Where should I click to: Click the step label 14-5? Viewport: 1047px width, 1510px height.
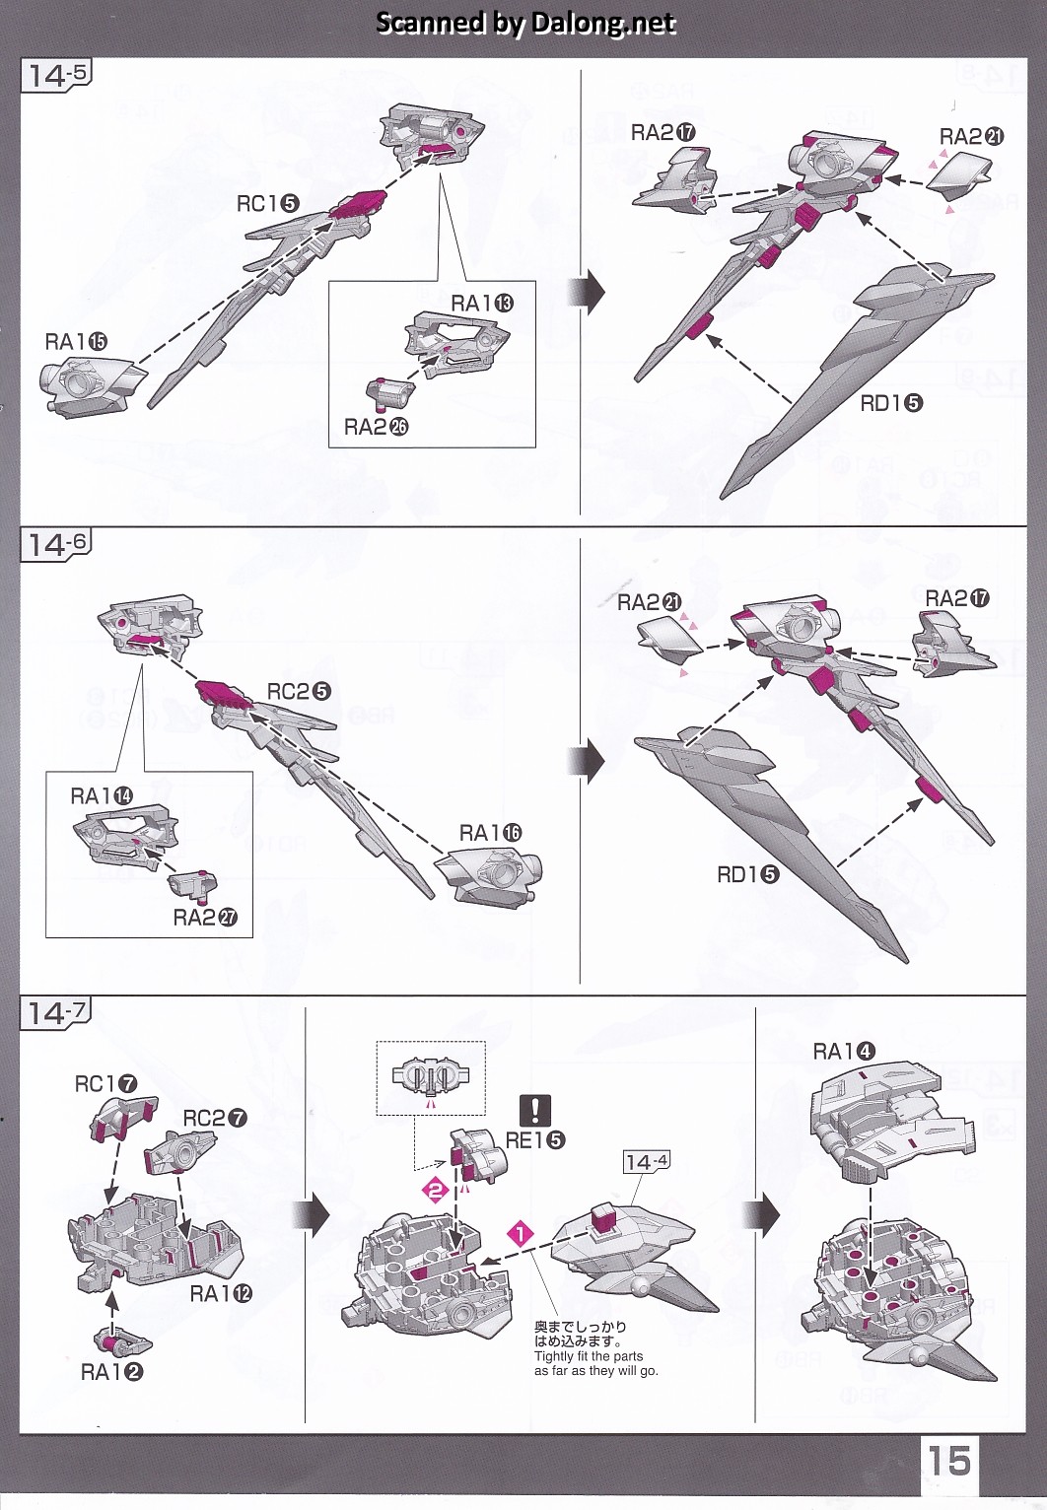click(56, 75)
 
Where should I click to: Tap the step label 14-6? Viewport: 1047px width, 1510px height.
click(56, 544)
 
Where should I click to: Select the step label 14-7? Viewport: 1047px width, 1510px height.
click(56, 1012)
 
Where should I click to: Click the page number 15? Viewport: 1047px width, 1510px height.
click(947, 1460)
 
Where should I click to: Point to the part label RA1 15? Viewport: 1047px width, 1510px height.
click(76, 342)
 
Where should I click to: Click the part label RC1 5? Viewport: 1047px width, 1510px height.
click(267, 204)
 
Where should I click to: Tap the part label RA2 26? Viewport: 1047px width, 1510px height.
click(376, 427)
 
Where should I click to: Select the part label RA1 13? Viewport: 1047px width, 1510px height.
click(482, 304)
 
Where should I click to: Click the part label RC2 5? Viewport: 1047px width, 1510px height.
click(299, 692)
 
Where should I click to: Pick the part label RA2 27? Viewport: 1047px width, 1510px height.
click(205, 919)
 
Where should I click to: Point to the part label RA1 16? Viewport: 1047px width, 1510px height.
click(490, 834)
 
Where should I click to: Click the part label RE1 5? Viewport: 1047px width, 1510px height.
click(535, 1140)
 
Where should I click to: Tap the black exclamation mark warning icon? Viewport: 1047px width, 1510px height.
click(535, 1111)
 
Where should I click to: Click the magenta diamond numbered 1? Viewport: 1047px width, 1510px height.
click(521, 1233)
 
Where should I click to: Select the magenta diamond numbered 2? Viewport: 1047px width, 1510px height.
click(435, 1190)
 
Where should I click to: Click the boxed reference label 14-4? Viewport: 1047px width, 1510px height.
click(647, 1162)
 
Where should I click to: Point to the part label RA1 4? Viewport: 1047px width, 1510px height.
click(843, 1052)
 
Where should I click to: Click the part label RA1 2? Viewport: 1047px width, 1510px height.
click(111, 1372)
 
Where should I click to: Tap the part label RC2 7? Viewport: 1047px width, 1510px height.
click(215, 1119)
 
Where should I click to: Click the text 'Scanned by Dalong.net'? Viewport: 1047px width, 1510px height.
click(525, 23)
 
